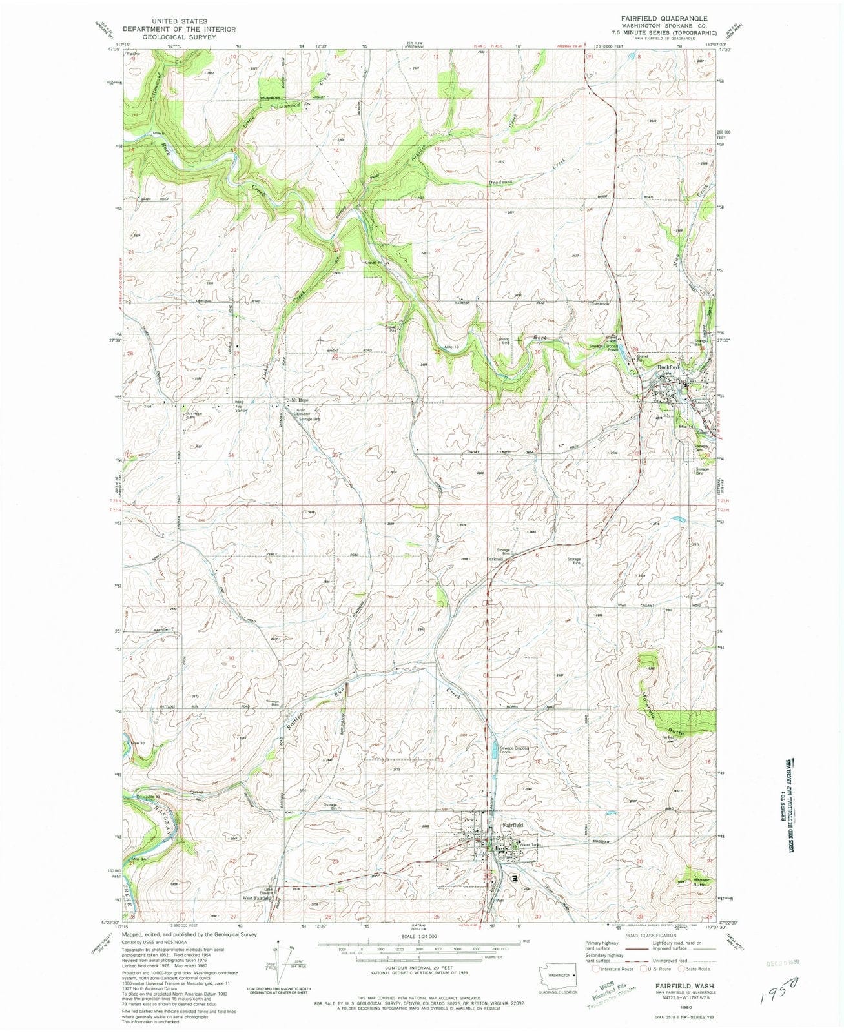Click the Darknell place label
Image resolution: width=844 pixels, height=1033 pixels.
pos(495,559)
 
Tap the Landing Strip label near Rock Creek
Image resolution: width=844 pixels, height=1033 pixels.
pos(503,341)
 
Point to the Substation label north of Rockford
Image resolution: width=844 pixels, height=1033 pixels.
pos(600,303)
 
